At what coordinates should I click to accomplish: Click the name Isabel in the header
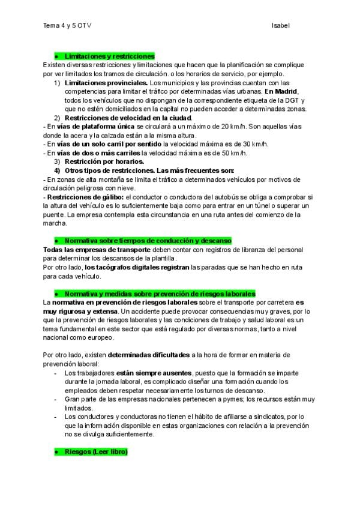[281, 26]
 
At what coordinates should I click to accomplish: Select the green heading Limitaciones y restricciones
[109, 55]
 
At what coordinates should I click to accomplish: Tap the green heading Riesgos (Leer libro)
[95, 451]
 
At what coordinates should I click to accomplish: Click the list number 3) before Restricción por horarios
[58, 162]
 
